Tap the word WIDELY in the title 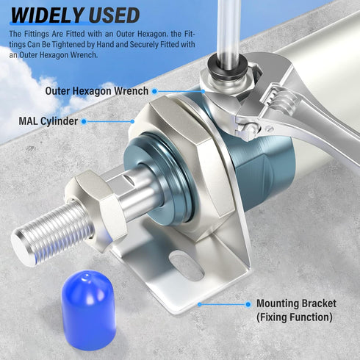coord(48,15)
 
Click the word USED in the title coord(114,15)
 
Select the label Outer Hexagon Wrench coord(97,91)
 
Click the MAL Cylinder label coord(48,121)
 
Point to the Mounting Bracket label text coord(296,303)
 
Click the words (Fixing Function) coord(295,317)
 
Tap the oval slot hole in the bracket coord(187,267)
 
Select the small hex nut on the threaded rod coord(97,208)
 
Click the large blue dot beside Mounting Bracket coord(248,304)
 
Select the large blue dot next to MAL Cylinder coord(84,121)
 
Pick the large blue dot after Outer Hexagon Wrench coord(154,91)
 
